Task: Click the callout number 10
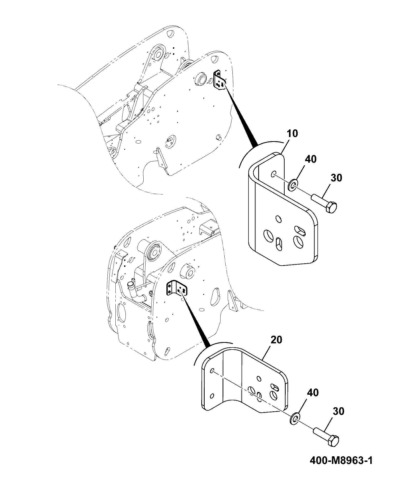[x=293, y=134]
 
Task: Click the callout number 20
[x=276, y=340]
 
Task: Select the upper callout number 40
[x=311, y=159]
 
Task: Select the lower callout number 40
[x=312, y=393]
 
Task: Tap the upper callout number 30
[x=336, y=178]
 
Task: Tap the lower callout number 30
[x=338, y=412]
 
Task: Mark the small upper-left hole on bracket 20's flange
[x=212, y=371]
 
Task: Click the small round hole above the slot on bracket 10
[x=278, y=219]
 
